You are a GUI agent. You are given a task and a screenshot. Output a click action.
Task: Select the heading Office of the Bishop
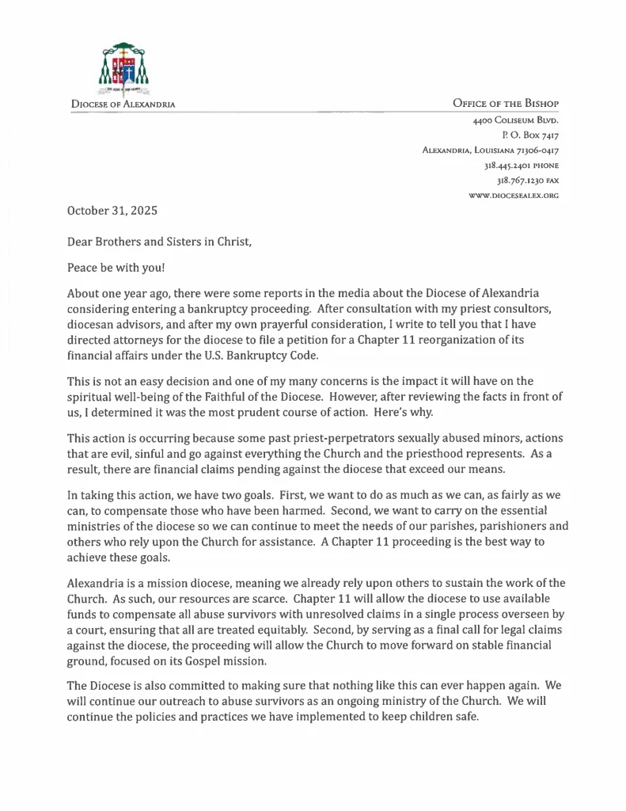pos(506,104)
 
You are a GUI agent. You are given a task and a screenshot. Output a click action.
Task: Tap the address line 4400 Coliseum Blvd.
pos(516,121)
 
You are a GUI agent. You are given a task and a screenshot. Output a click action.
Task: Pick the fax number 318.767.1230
pos(518,181)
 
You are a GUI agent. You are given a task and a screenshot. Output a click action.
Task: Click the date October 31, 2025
pos(112,211)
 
